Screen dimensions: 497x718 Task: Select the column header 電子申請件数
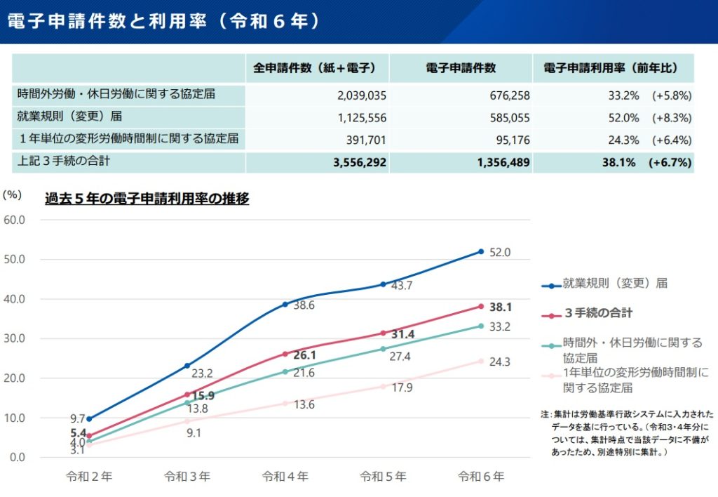point(461,68)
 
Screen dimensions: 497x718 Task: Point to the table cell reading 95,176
point(510,140)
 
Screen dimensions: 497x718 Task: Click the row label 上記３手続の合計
point(65,161)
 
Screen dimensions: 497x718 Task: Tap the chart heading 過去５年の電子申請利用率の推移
point(147,199)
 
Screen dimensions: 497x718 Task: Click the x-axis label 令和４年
point(285,477)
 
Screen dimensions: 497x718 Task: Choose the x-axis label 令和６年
point(481,477)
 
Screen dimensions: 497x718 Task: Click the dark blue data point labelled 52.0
point(481,251)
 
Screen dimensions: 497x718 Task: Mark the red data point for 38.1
point(481,306)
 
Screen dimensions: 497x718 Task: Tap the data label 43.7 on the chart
point(402,286)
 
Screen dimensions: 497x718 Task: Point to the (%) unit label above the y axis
point(13,196)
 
